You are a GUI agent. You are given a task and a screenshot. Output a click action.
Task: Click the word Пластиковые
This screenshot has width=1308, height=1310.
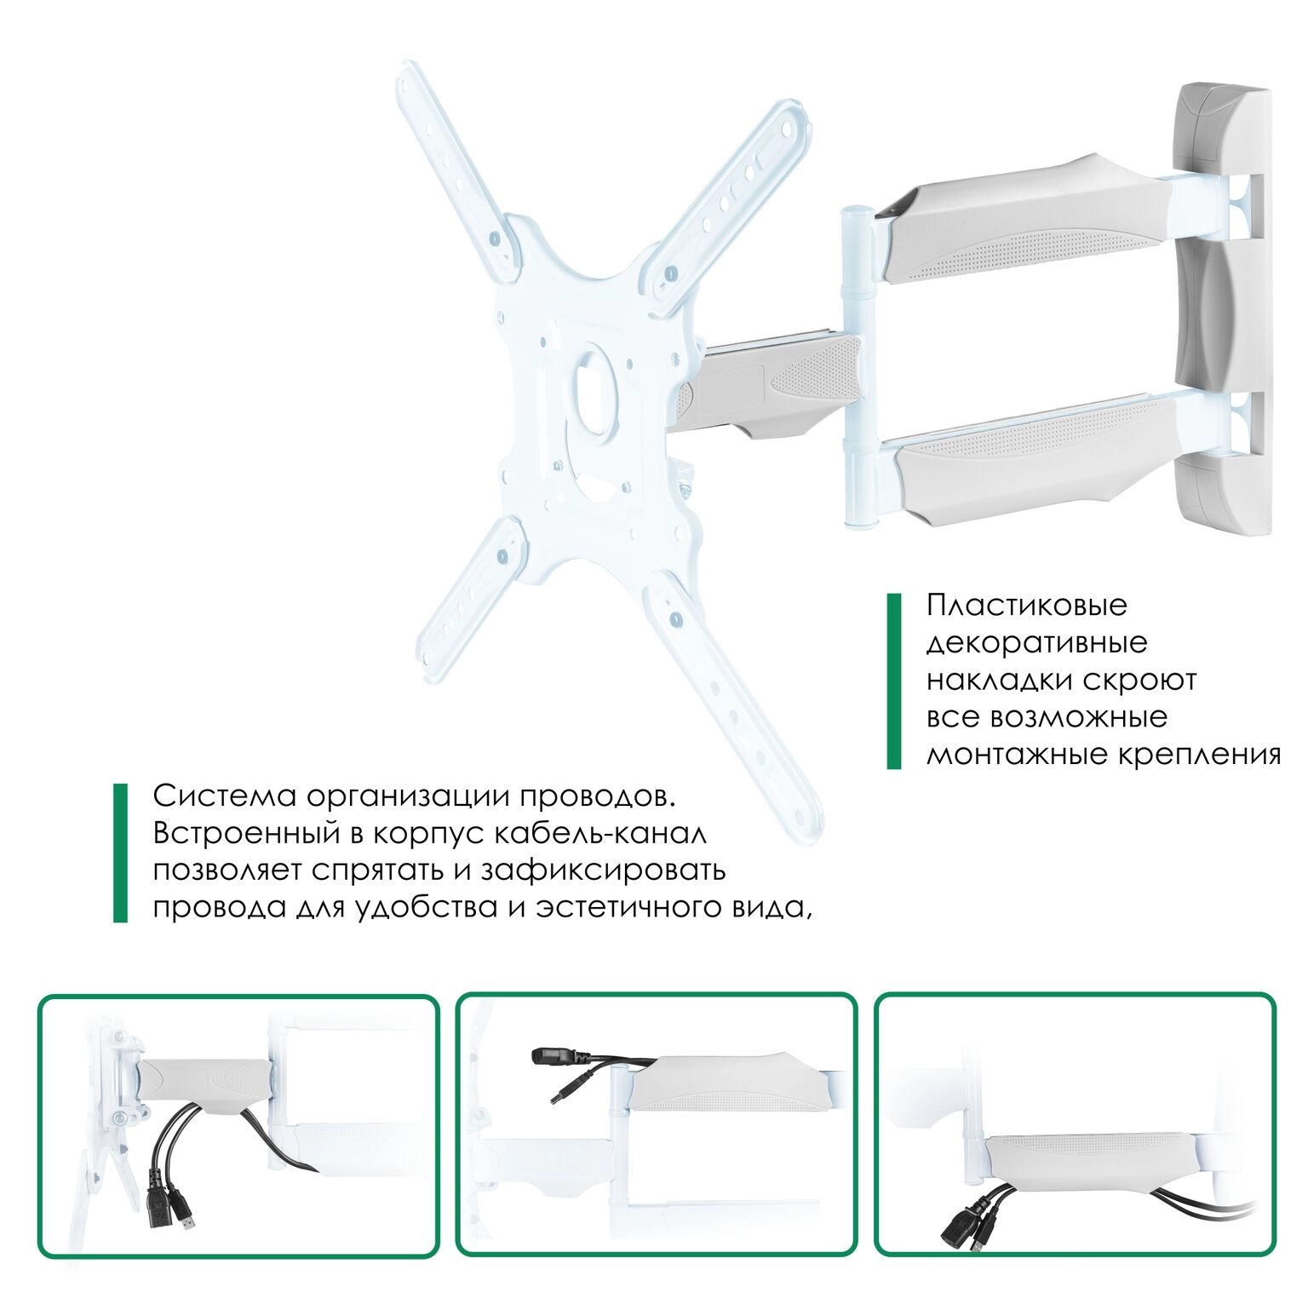[x=1026, y=606]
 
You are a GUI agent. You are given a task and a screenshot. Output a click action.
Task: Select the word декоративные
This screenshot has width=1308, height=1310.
[x=1036, y=643]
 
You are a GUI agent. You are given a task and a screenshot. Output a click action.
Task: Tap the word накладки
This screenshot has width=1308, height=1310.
[x=998, y=681]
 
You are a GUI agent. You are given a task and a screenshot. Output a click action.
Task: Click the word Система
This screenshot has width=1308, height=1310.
[x=224, y=796]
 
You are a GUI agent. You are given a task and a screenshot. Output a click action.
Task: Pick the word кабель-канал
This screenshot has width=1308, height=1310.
[x=600, y=833]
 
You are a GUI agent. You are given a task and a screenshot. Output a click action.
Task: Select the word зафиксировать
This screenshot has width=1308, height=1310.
[x=604, y=871]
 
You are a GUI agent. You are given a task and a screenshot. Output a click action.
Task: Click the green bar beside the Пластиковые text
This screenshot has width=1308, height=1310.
[x=893, y=681]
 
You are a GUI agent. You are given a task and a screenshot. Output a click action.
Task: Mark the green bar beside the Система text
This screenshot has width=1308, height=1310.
[x=120, y=853]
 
